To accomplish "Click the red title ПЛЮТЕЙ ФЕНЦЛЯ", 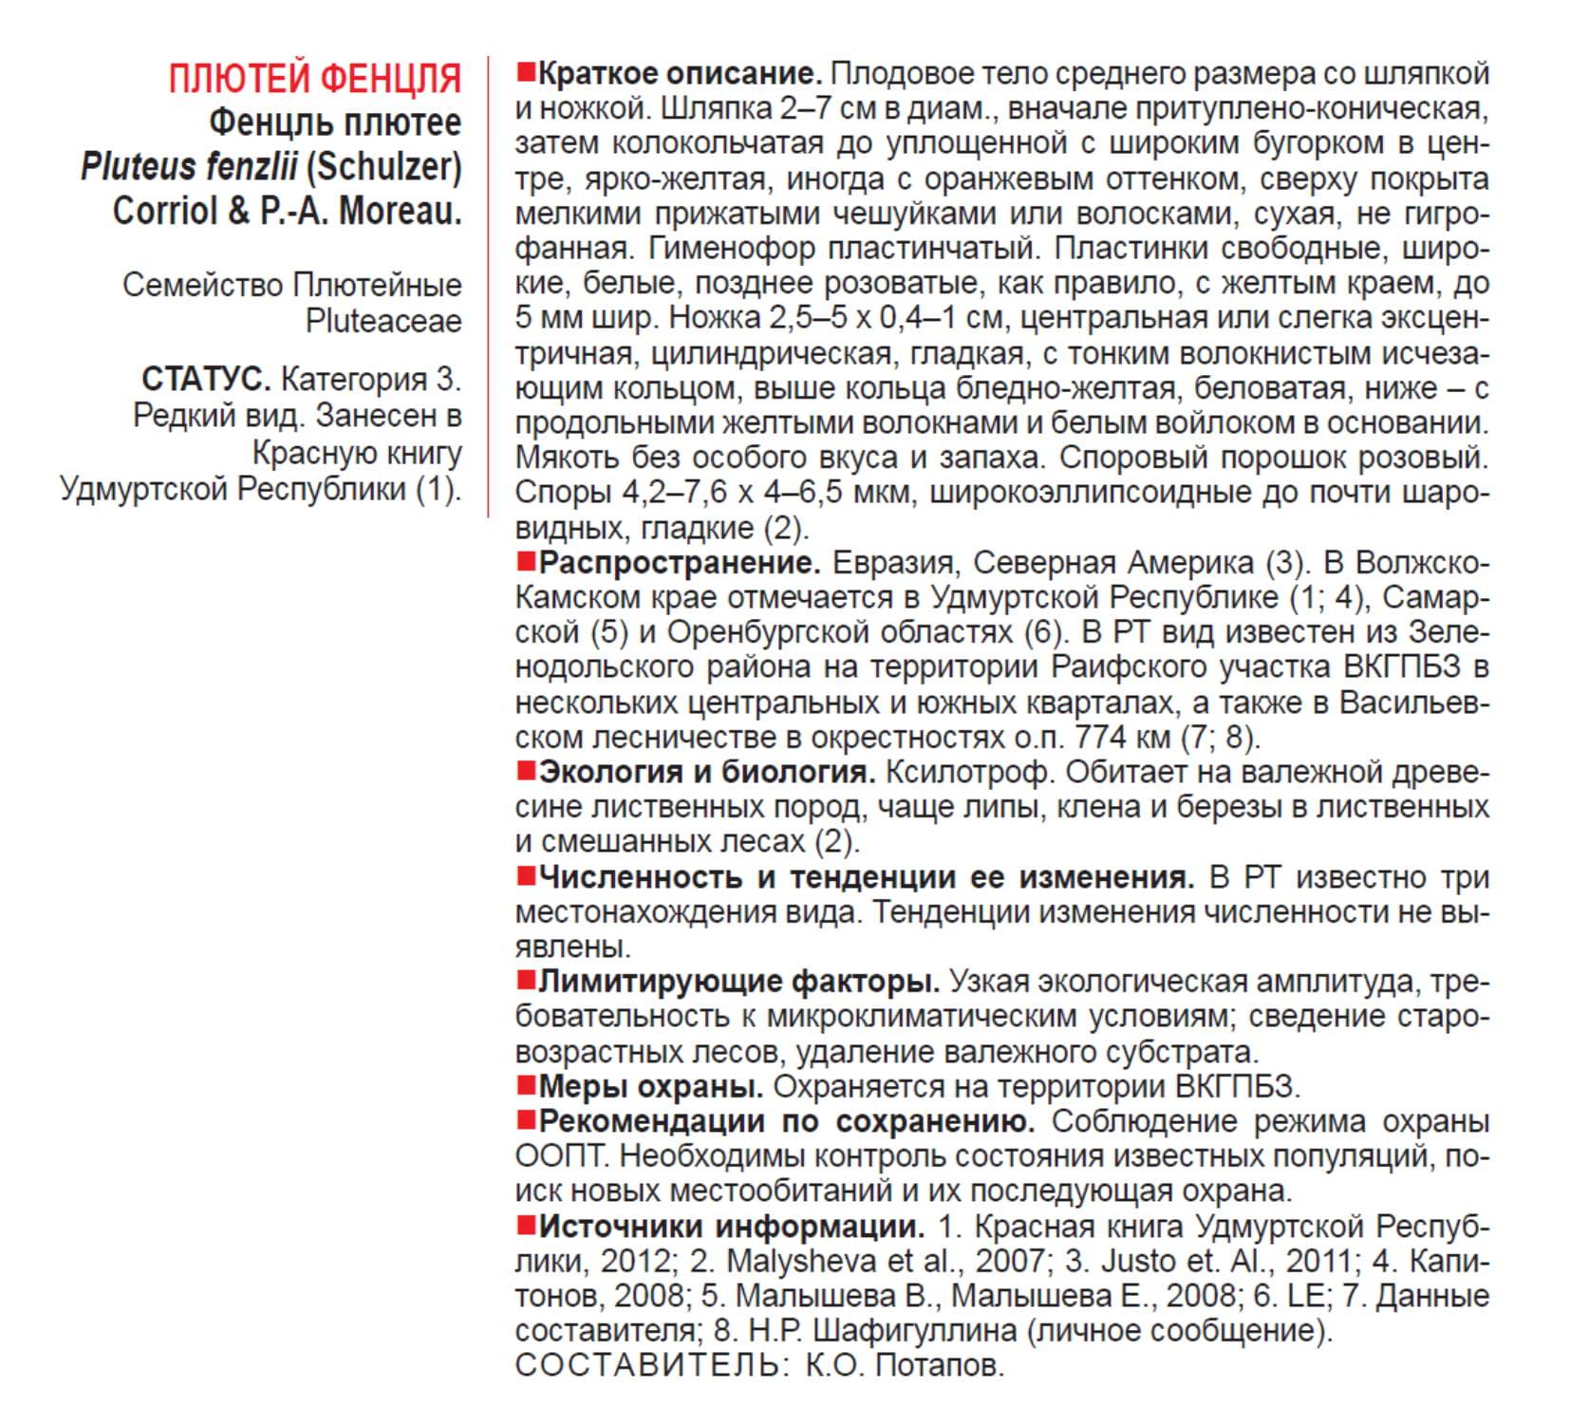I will (x=314, y=79).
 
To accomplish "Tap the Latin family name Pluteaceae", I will (x=383, y=322).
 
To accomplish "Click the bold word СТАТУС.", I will (x=206, y=380).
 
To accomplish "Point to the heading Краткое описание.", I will (x=680, y=74).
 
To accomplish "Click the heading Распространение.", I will (x=680, y=563).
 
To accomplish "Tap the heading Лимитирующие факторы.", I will (x=738, y=981).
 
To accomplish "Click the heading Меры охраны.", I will (x=651, y=1086).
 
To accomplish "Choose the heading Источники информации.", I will (x=731, y=1227).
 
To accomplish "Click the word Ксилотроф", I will (x=967, y=772).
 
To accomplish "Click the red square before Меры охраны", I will (x=526, y=1084).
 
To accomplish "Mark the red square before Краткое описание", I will (x=526, y=71).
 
